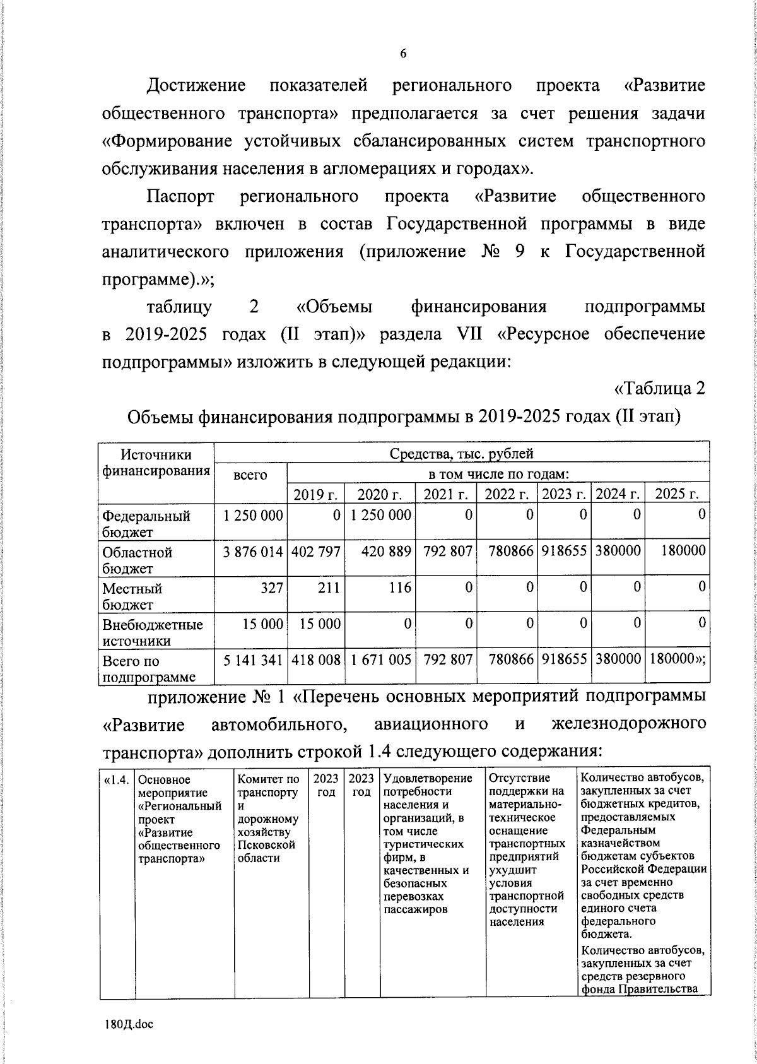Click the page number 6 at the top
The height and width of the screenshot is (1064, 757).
pos(403,54)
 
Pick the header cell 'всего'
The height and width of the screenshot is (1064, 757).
pos(250,475)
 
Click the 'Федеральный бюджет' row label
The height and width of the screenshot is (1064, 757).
pos(146,524)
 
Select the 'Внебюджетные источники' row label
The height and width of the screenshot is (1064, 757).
pos(152,632)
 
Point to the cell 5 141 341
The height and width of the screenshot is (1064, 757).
pos(252,660)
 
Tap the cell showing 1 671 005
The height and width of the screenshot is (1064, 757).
pos(380,660)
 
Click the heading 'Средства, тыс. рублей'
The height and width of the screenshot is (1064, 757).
pos(461,453)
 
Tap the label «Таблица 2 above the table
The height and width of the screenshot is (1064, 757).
pos(659,389)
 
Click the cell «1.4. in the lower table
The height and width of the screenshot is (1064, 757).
pos(117,780)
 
